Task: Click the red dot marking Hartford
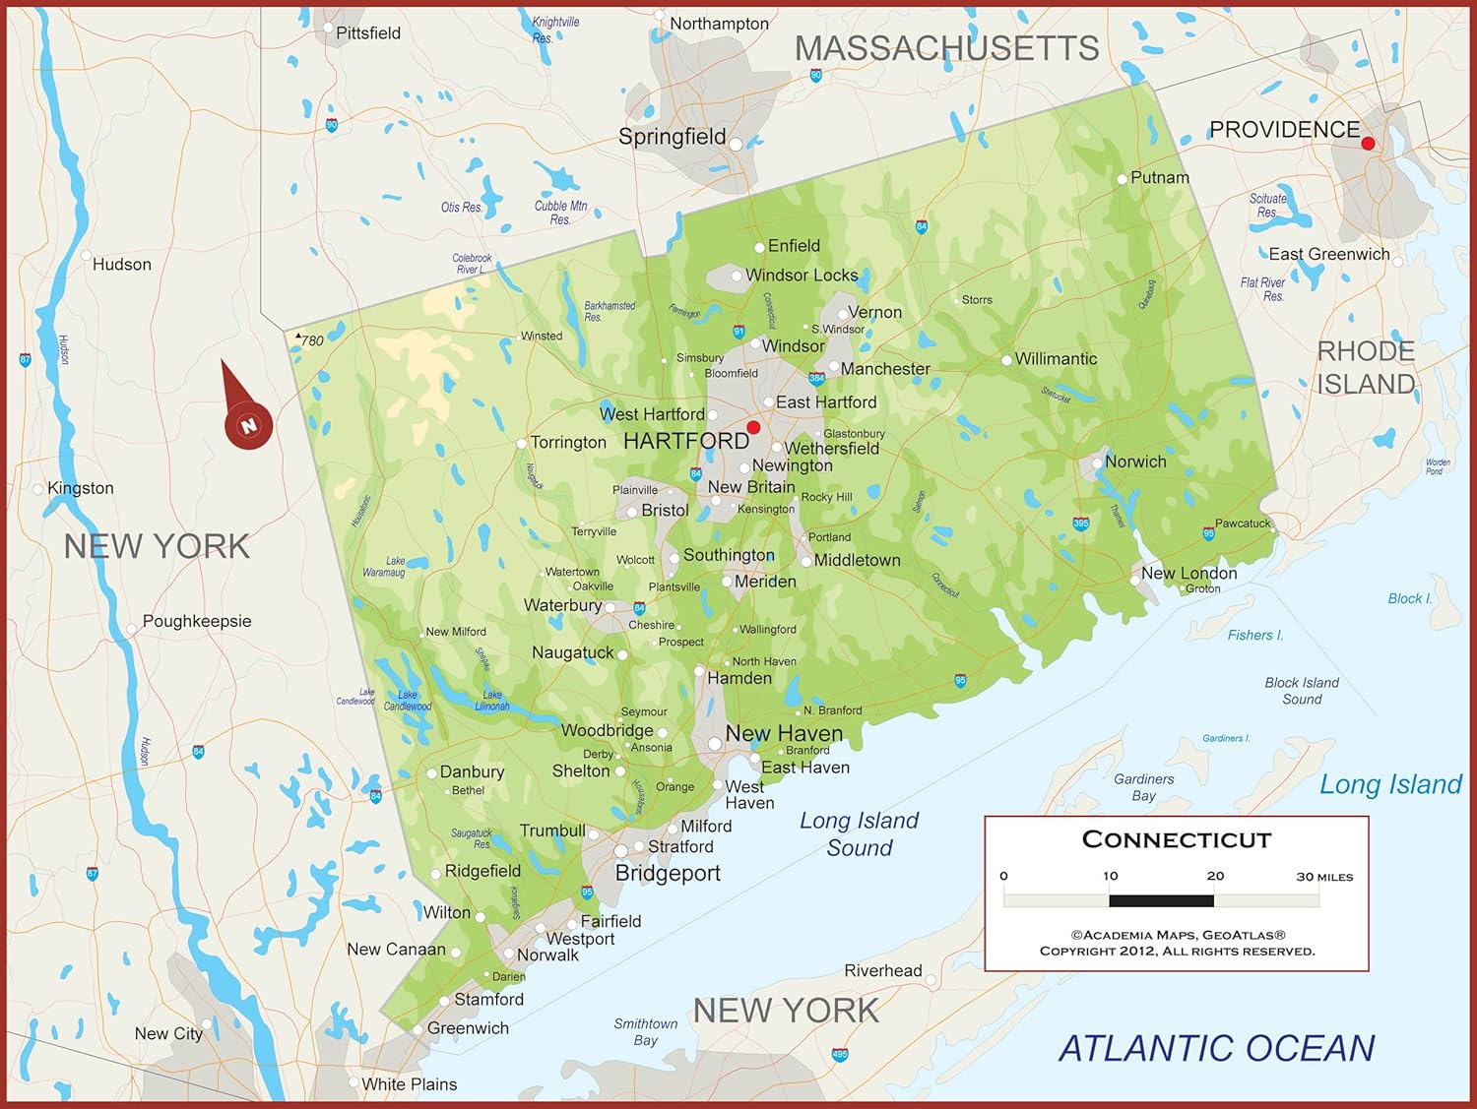click(x=753, y=427)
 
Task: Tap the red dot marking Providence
click(x=1368, y=144)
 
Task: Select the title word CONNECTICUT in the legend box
click(x=1177, y=839)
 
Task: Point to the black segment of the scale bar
click(x=1161, y=900)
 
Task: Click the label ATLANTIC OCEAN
click(x=1216, y=1048)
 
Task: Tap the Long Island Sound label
click(x=860, y=833)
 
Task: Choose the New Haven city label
click(x=784, y=733)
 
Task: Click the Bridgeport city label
click(x=668, y=873)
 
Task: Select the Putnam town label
click(x=1159, y=178)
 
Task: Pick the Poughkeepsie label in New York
click(x=197, y=621)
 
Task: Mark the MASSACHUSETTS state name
click(x=946, y=48)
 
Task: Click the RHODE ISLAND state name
click(x=1366, y=367)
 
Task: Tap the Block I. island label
click(x=1409, y=598)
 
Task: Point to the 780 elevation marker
click(x=311, y=340)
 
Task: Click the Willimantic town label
click(x=1056, y=359)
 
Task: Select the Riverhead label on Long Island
click(x=883, y=970)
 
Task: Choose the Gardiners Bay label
click(x=1143, y=787)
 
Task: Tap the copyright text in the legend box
click(x=1177, y=943)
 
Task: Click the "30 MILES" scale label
click(x=1324, y=877)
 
